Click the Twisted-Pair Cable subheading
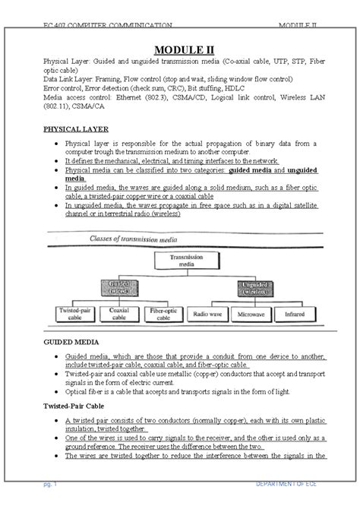point(74,406)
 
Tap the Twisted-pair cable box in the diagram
point(75,313)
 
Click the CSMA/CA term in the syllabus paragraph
point(90,108)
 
